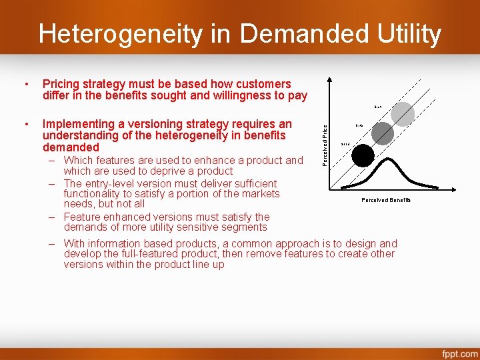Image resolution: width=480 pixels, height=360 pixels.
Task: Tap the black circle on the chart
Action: pyautogui.click(x=363, y=155)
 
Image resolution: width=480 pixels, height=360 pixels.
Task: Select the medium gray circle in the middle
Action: pyautogui.click(x=383, y=133)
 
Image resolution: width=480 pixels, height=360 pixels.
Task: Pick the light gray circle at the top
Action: pyautogui.click(x=403, y=114)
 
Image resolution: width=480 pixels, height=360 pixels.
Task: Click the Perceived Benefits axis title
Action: pyautogui.click(x=386, y=200)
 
